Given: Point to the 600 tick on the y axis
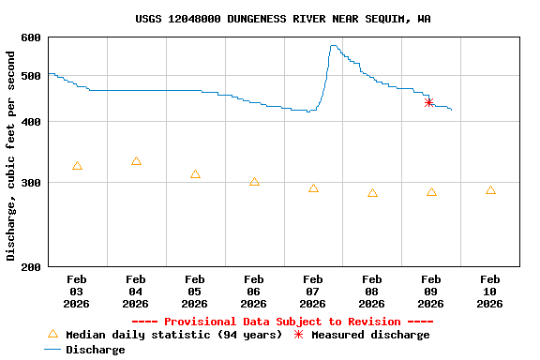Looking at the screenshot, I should pyautogui.click(x=31, y=37).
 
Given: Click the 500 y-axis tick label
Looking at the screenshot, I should pyautogui.click(x=31, y=75).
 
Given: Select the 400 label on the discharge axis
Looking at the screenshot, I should pyautogui.click(x=31, y=122).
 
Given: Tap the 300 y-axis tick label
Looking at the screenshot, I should pyautogui.click(x=31, y=183).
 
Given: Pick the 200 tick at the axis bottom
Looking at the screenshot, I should pyautogui.click(x=31, y=267).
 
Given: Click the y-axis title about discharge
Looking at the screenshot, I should pyautogui.click(x=11, y=155).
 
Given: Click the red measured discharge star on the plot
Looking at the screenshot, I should pyautogui.click(x=428, y=102).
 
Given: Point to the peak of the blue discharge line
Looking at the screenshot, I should pyautogui.click(x=333, y=45).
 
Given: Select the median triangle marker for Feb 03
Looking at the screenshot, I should pyautogui.click(x=77, y=166).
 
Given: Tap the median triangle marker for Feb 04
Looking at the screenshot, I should pyautogui.click(x=136, y=161).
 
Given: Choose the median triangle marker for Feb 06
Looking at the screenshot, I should pyautogui.click(x=254, y=182).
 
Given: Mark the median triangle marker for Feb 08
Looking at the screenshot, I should pyautogui.click(x=372, y=193).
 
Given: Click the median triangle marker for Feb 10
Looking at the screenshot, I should pyautogui.click(x=490, y=190).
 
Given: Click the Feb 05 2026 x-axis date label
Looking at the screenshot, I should pyautogui.click(x=194, y=291).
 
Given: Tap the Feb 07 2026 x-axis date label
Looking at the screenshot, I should pyautogui.click(x=312, y=291).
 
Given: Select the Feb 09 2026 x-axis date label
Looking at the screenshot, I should pyautogui.click(x=430, y=291).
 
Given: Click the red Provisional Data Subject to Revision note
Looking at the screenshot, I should pyautogui.click(x=282, y=322).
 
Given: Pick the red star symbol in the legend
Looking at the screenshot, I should pyautogui.click(x=299, y=335).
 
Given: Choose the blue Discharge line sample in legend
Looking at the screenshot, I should pyautogui.click(x=52, y=350).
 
